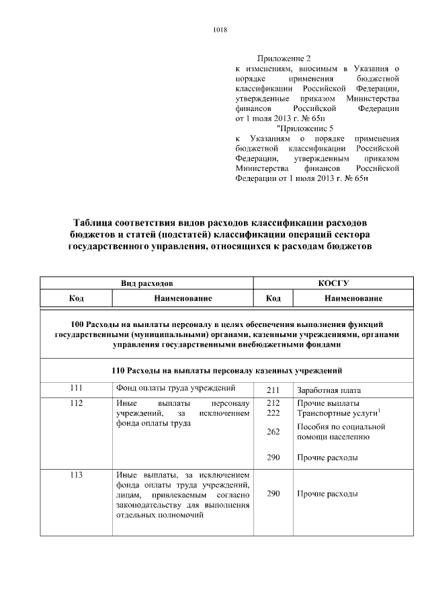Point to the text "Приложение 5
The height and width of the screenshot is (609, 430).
point(305,127)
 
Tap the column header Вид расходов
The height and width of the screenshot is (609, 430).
point(146,283)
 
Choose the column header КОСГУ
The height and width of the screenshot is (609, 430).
point(337,283)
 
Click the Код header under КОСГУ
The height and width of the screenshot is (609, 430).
point(273,297)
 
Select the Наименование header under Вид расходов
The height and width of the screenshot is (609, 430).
point(183,297)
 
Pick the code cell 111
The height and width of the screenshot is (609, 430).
point(76,388)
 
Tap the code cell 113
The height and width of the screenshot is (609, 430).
point(76,475)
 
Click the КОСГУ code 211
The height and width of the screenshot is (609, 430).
point(273,390)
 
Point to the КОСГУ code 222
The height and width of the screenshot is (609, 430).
point(273,413)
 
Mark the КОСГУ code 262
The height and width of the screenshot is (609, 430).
point(273,432)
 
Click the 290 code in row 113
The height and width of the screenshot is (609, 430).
point(273,494)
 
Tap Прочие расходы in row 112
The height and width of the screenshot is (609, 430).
point(327,458)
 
